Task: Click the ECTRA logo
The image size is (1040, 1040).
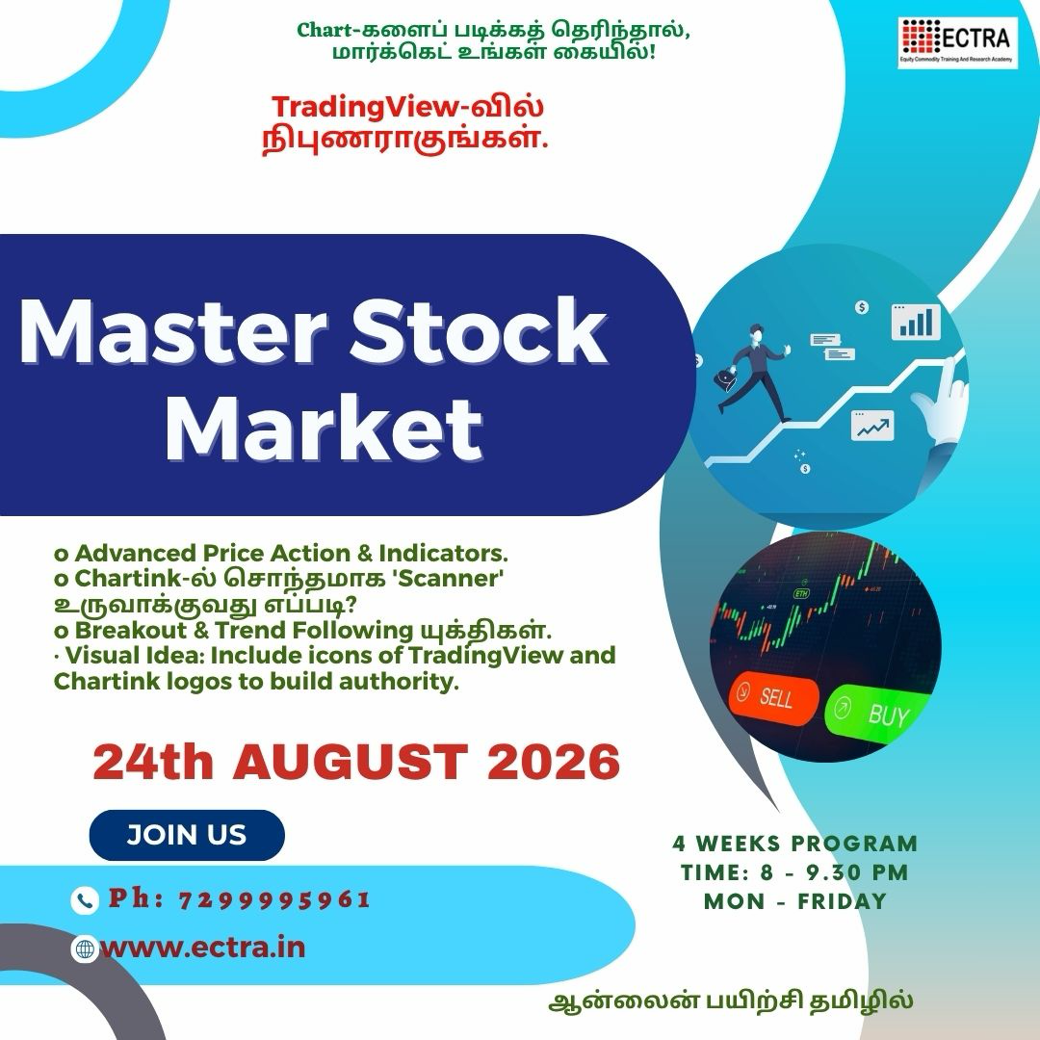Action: pos(958,42)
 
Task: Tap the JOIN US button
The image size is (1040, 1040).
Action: pos(187,835)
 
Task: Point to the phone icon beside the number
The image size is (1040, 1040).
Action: pos(85,900)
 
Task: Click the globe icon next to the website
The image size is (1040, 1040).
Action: pos(84,949)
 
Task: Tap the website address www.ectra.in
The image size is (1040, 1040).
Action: pos(203,947)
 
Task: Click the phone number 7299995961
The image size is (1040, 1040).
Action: pos(274,900)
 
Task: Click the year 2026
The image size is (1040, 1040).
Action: pos(554,762)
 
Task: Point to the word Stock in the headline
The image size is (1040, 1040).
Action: pos(479,331)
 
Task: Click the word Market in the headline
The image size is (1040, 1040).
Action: pos(325,428)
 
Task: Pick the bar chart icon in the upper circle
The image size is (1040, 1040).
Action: pos(916,322)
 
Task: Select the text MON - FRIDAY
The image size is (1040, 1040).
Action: pos(795,901)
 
